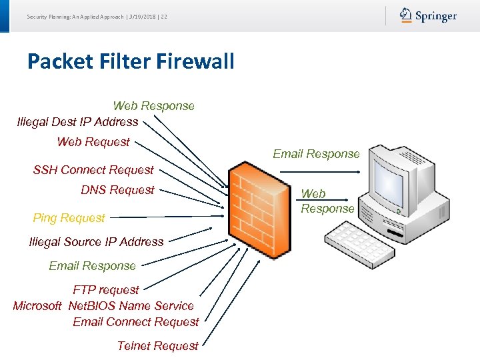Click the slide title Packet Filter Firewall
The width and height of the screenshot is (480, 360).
point(131,62)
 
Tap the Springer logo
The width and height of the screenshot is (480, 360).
point(428,16)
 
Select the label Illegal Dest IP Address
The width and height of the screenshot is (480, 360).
point(78,121)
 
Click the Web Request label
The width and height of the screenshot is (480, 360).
point(93,141)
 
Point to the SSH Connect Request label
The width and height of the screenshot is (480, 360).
point(93,170)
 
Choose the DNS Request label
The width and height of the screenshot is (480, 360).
point(117,190)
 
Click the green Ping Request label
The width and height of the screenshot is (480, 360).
point(69,218)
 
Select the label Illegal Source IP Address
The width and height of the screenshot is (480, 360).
point(97,242)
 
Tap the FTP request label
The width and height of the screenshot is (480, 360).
point(106,290)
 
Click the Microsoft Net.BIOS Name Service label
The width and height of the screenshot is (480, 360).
point(103,306)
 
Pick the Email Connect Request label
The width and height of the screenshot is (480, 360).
point(136,322)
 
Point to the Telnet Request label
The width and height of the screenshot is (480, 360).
point(157,346)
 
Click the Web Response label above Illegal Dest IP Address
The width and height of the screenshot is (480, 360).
point(154,106)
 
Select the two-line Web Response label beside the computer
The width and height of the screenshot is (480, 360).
point(327,201)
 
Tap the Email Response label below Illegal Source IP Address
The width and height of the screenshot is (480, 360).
point(92,266)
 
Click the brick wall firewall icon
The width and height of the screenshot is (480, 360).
point(251,204)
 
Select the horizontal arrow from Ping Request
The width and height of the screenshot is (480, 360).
point(167,217)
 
